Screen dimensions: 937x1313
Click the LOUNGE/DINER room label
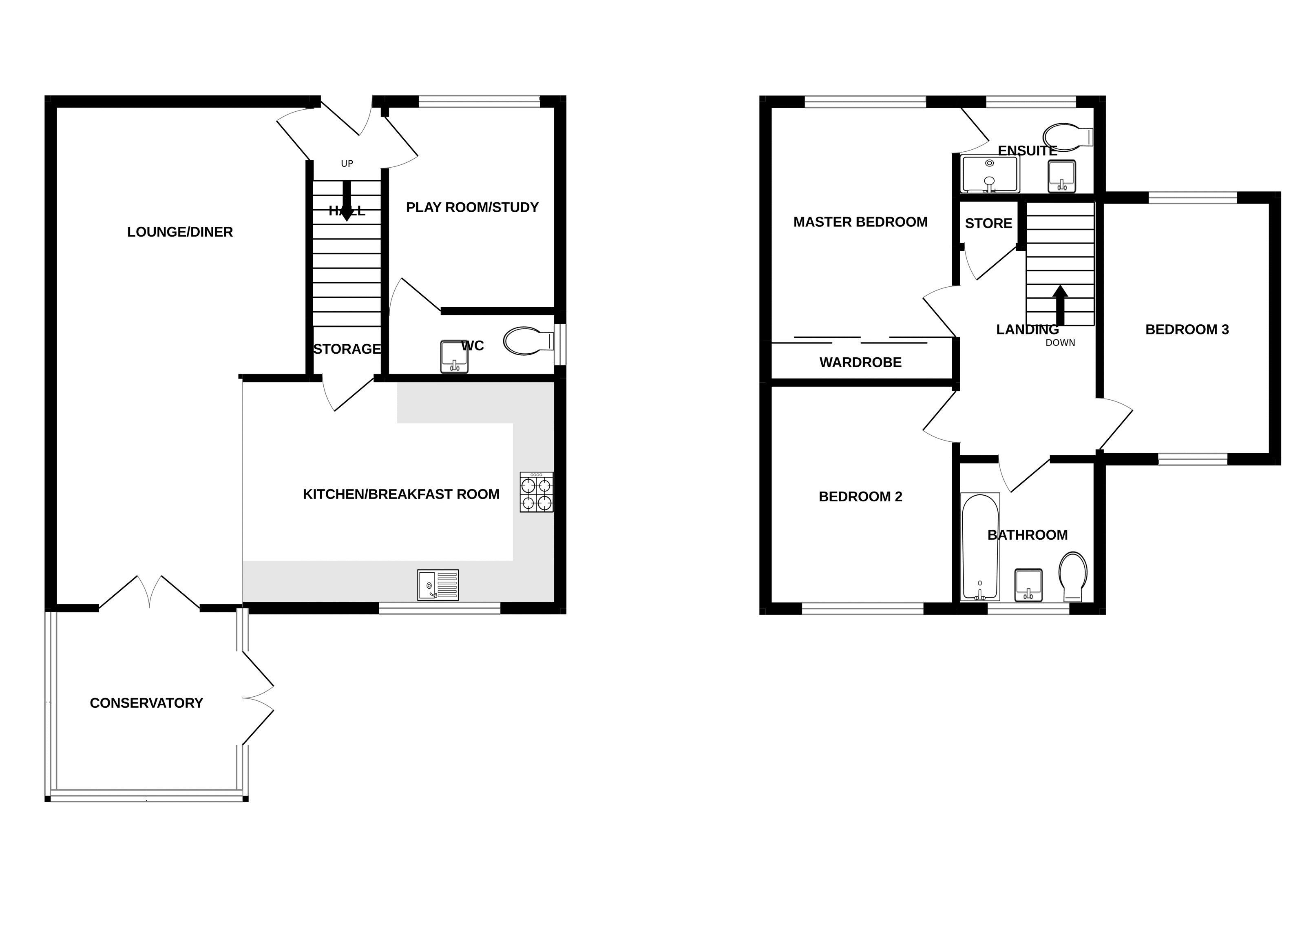(180, 232)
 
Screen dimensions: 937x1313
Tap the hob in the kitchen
(536, 492)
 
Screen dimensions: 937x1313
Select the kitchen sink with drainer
(438, 585)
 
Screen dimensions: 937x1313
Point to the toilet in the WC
(526, 341)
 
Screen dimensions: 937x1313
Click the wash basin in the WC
(454, 357)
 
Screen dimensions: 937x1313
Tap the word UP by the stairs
(347, 164)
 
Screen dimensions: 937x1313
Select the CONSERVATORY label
(146, 703)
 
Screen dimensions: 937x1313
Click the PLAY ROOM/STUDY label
(472, 207)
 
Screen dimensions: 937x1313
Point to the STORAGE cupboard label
(347, 349)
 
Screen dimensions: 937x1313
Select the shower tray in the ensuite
(990, 174)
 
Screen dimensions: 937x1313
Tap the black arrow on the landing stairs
(1060, 306)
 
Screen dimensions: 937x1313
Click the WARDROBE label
(860, 362)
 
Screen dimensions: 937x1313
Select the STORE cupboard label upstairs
(988, 223)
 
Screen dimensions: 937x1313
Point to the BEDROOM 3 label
(1187, 330)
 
